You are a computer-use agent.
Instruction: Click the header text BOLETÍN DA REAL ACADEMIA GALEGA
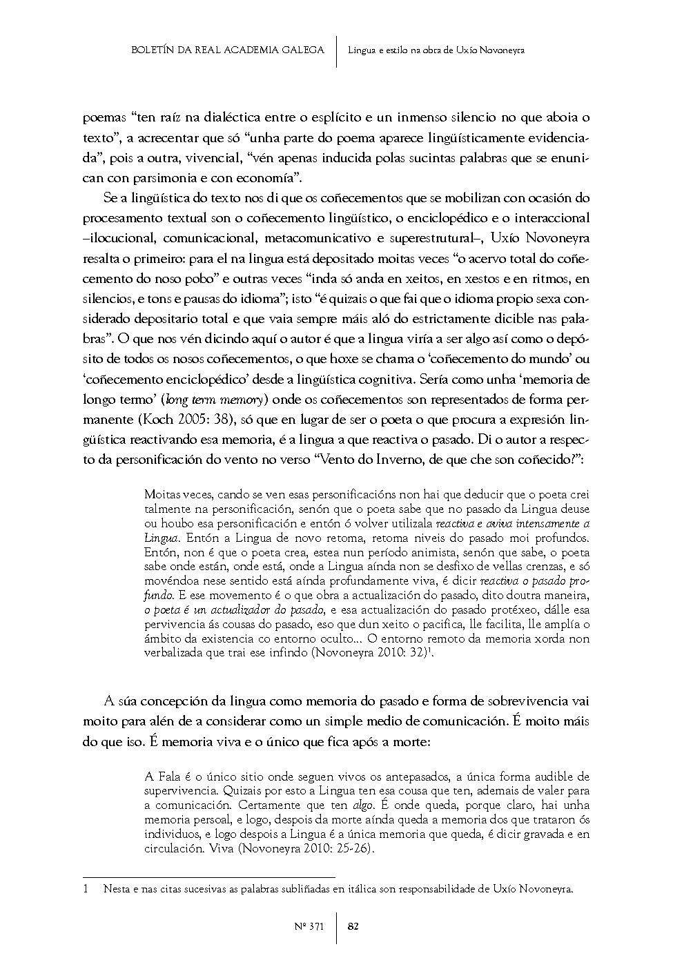[227, 50]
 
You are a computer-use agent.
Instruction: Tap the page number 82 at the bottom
[352, 926]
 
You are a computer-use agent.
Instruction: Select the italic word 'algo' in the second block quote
[363, 805]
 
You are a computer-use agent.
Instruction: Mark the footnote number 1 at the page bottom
[86, 890]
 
